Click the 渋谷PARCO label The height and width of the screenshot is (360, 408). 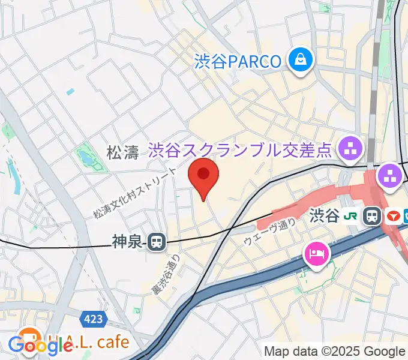point(238,61)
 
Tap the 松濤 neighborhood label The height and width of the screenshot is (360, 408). point(122,153)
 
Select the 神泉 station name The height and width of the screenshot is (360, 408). point(127,242)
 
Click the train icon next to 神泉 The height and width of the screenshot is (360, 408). point(157,242)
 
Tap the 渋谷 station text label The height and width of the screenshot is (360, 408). point(325,215)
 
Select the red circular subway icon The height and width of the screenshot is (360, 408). point(394,215)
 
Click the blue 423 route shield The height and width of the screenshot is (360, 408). point(94,320)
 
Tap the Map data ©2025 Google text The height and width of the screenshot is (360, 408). point(335,352)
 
